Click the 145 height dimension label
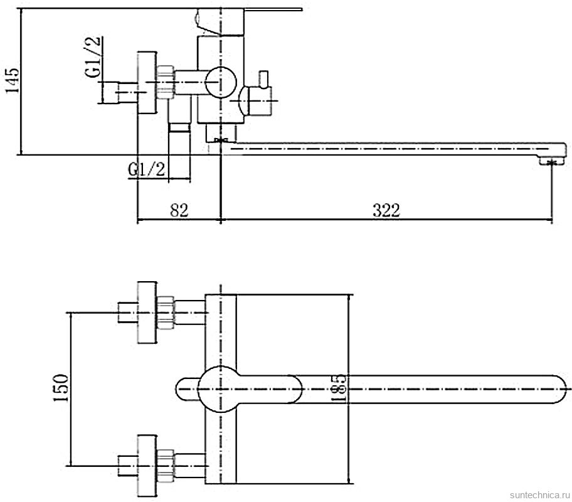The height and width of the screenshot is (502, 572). [12, 80]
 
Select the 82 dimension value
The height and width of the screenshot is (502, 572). [179, 210]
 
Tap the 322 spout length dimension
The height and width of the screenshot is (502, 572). [386, 210]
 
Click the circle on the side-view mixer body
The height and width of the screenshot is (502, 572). [221, 82]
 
